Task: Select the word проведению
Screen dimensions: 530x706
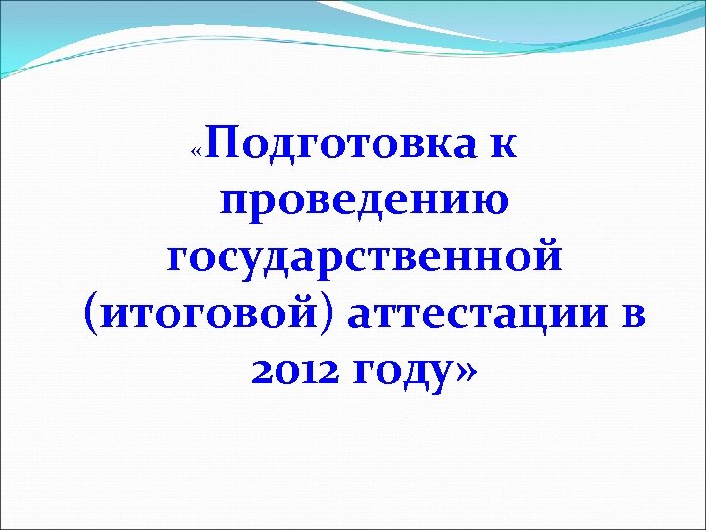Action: (364, 204)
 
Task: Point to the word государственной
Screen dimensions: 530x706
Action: (364, 259)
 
